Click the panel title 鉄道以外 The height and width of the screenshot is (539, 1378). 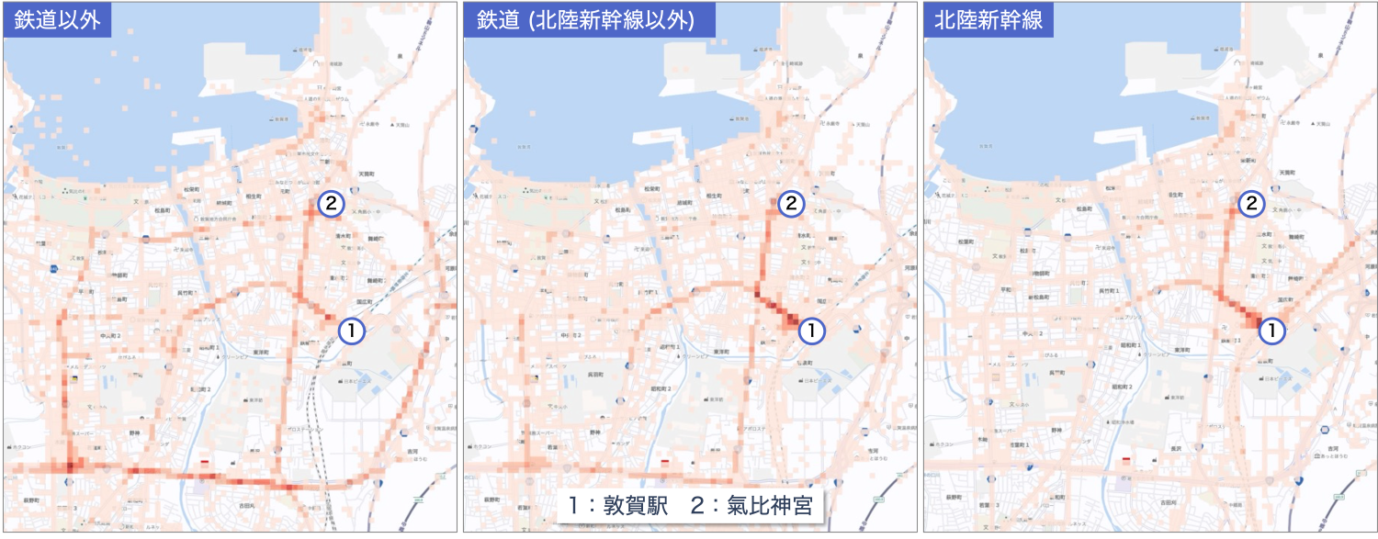[x=58, y=19]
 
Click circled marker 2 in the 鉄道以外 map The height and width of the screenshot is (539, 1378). [x=331, y=205]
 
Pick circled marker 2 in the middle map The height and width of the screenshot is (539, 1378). [x=790, y=205]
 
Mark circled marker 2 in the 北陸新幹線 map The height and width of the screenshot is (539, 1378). [x=1249, y=205]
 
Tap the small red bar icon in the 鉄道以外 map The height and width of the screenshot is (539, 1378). [x=204, y=461]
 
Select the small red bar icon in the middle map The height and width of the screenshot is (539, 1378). [x=664, y=461]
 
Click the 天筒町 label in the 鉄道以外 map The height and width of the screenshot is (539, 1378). [x=368, y=172]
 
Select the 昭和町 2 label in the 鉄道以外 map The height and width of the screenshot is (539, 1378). [x=201, y=388]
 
